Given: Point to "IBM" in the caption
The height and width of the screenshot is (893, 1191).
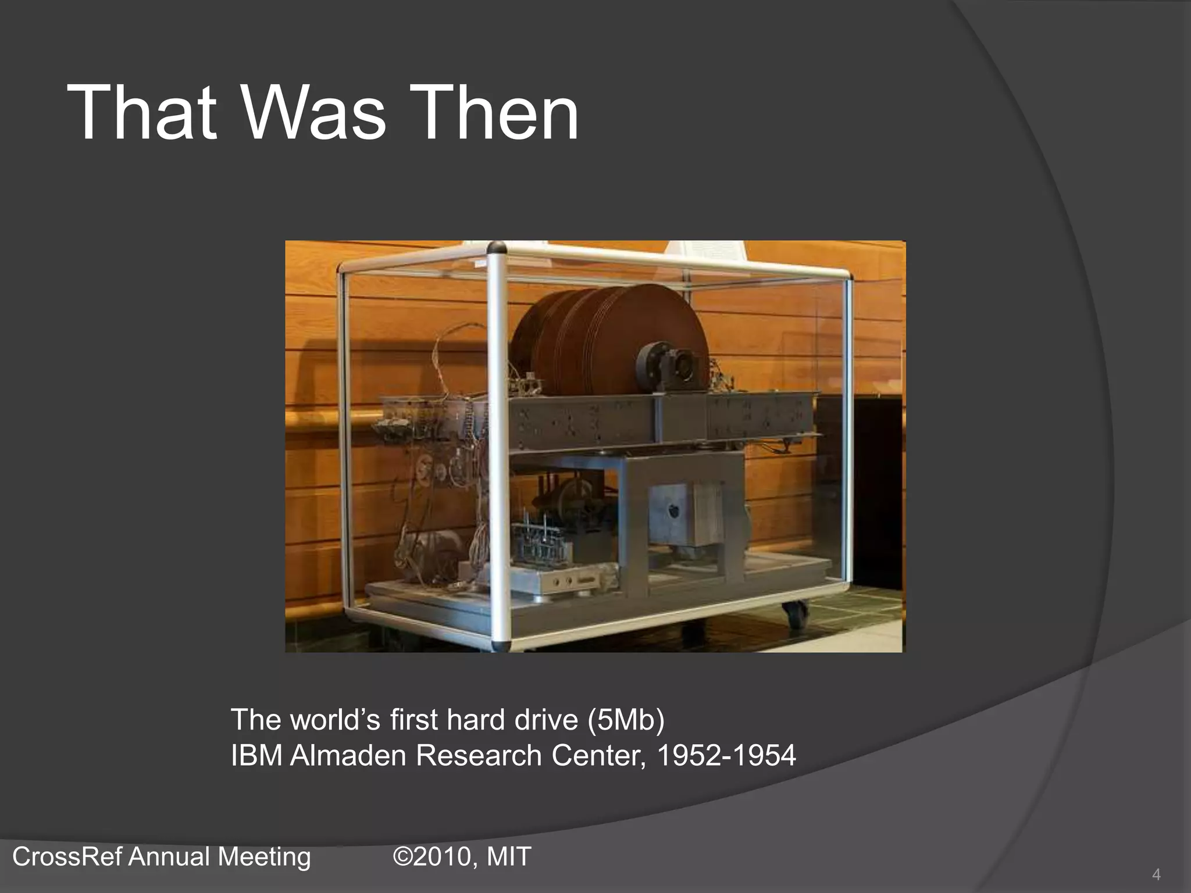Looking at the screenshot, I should coord(256,756).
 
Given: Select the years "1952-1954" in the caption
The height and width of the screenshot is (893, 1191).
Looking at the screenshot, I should coord(726,756).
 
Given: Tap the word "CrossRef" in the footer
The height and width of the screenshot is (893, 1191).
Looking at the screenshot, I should coord(65,857).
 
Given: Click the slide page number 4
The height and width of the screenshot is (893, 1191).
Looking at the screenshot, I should coord(1156,874).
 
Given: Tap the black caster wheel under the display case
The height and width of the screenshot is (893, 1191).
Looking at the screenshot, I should coord(795,615).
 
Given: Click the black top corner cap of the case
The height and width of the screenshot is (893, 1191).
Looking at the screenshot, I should coord(496,248).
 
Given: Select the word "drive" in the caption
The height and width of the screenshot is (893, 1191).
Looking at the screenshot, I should coord(547,720).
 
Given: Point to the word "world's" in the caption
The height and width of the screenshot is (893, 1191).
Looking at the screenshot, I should coord(335,720).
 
